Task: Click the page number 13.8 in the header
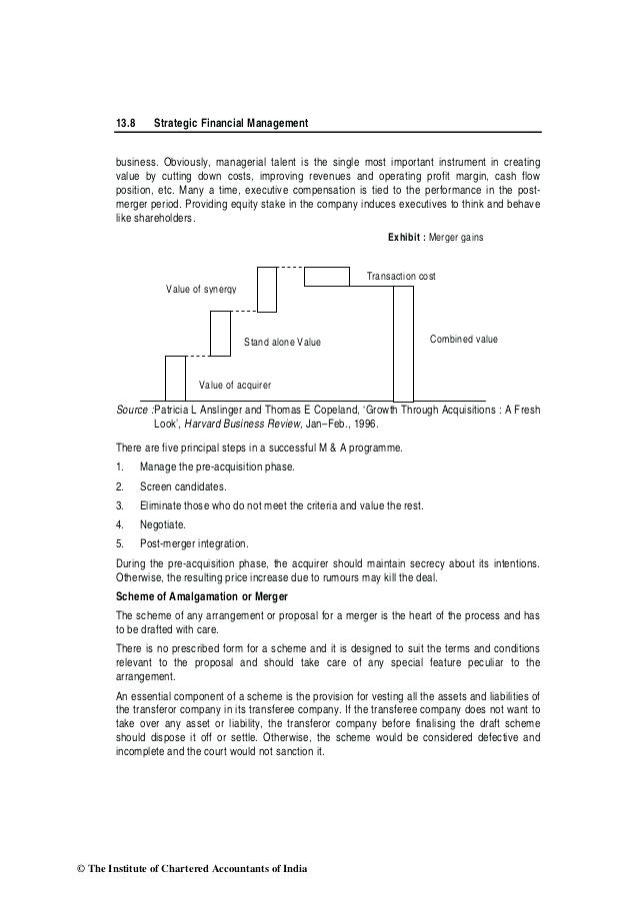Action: pos(124,123)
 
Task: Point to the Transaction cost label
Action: pos(401,276)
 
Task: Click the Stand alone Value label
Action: pos(283,343)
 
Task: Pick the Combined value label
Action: pos(463,340)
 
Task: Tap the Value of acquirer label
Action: pos(235,385)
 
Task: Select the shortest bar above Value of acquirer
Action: pos(176,378)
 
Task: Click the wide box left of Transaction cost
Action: pos(326,276)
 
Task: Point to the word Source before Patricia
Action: pos(132,410)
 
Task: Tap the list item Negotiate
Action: pos(162,524)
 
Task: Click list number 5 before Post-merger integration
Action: pos(119,543)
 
